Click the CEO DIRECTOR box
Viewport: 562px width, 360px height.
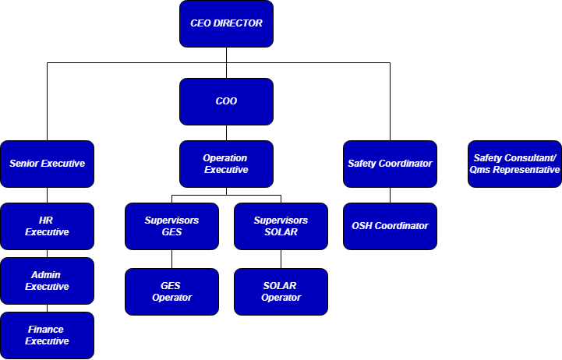[x=226, y=23]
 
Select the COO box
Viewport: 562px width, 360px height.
[x=226, y=101]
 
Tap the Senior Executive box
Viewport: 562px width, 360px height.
[x=47, y=164]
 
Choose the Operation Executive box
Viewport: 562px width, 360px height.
[x=226, y=164]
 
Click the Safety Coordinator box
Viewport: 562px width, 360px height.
[x=390, y=164]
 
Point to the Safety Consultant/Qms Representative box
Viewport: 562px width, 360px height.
[x=514, y=164]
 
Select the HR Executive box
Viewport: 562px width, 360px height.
[x=47, y=226]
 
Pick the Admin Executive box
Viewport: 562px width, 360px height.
[x=47, y=281]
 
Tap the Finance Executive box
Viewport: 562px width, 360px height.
[x=47, y=335]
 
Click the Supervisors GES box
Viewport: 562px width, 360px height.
[x=171, y=226]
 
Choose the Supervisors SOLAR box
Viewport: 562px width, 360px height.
[x=281, y=226]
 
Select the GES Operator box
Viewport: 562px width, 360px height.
[x=171, y=291]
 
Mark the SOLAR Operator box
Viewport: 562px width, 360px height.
[x=281, y=291]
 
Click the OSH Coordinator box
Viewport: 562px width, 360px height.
[x=390, y=226]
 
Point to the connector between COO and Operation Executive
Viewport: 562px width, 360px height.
[x=226, y=132]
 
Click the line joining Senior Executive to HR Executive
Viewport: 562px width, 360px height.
[x=47, y=195]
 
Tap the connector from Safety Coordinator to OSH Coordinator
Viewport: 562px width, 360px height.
[x=390, y=195]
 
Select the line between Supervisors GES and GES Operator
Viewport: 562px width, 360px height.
[x=171, y=259]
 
